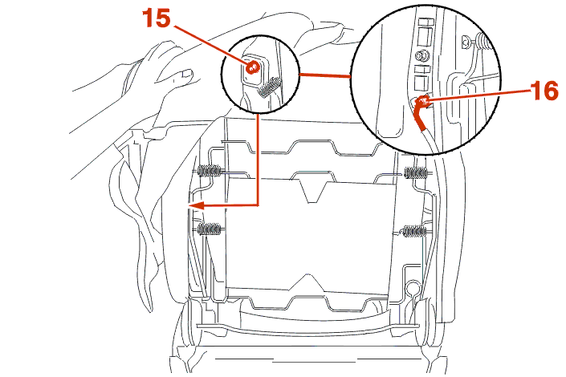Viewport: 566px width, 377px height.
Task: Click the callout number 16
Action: pyautogui.click(x=544, y=91)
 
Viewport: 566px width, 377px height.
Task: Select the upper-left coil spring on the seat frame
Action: pyautogui.click(x=209, y=171)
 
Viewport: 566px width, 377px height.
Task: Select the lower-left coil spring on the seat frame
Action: pyautogui.click(x=209, y=229)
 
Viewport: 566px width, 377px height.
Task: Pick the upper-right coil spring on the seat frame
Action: pyautogui.click(x=417, y=172)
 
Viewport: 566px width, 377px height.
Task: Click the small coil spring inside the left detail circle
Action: pyautogui.click(x=271, y=85)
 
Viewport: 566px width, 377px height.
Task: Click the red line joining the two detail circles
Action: pyautogui.click(x=326, y=75)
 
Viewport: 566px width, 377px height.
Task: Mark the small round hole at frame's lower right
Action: pyautogui.click(x=413, y=286)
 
